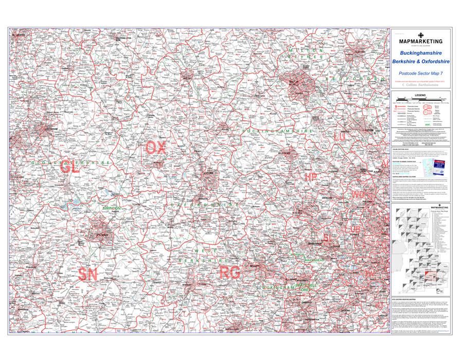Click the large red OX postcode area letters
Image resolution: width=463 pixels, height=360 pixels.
[156, 148]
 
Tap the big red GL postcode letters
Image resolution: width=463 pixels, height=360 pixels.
[69, 167]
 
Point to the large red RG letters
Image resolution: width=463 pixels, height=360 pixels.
[229, 273]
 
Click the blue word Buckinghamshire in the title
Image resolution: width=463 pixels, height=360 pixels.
[421, 53]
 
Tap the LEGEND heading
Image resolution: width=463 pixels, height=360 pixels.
[421, 96]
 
